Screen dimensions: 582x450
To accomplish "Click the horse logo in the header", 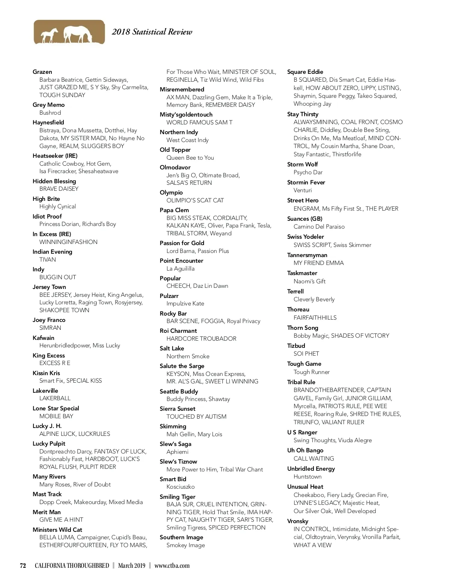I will pos(69,32).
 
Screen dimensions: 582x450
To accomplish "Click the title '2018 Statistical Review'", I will pos(152,32).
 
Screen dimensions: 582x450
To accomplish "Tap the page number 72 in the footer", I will pos(23,566).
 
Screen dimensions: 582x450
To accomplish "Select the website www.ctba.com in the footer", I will pos(172,566).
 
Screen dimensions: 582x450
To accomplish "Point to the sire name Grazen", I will pos(42,72).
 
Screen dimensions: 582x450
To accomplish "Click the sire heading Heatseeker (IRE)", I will pos(55,156).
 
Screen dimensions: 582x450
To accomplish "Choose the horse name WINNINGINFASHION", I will pos(68,242).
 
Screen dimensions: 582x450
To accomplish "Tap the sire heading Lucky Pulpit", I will pos(49,444).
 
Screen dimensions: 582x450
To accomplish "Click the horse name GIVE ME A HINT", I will pos(61,520).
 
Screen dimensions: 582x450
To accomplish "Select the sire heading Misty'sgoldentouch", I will pos(186,115).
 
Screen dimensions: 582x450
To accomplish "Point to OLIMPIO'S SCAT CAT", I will pos(195,200).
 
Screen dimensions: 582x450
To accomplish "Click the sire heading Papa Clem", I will pos(174,210).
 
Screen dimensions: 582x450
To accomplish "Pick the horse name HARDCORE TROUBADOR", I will pos(201,339).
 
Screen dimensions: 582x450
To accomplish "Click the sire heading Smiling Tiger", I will pos(177,497).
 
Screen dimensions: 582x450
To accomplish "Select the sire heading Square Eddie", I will pos(305,72).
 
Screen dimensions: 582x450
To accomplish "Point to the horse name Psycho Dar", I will pos(308,172).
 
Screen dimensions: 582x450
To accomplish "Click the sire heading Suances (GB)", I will pos(304,219).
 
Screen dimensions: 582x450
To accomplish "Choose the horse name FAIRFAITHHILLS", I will pos(315,318).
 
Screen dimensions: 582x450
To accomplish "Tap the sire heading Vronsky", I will pos(298,521).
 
